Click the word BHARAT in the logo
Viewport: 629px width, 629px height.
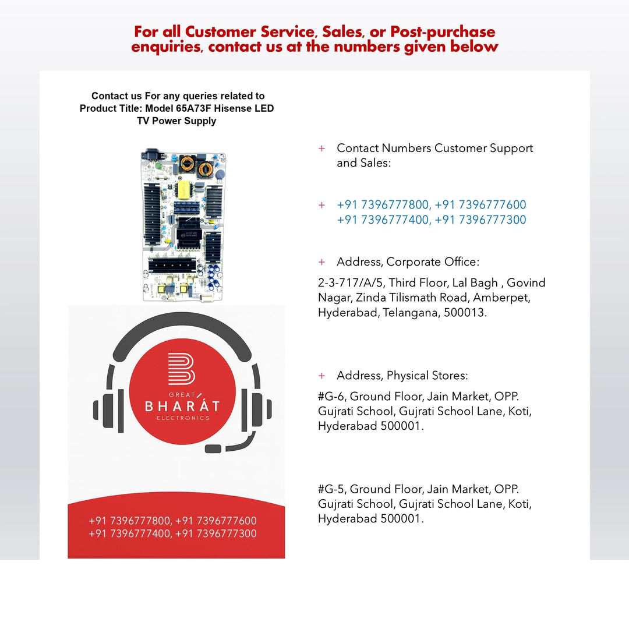click(x=182, y=405)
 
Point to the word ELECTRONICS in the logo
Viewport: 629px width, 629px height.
click(x=183, y=418)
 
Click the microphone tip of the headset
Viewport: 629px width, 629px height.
click(x=213, y=448)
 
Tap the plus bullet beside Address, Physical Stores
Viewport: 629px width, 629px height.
click(x=322, y=376)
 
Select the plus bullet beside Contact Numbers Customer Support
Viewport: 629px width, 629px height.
click(x=322, y=149)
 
